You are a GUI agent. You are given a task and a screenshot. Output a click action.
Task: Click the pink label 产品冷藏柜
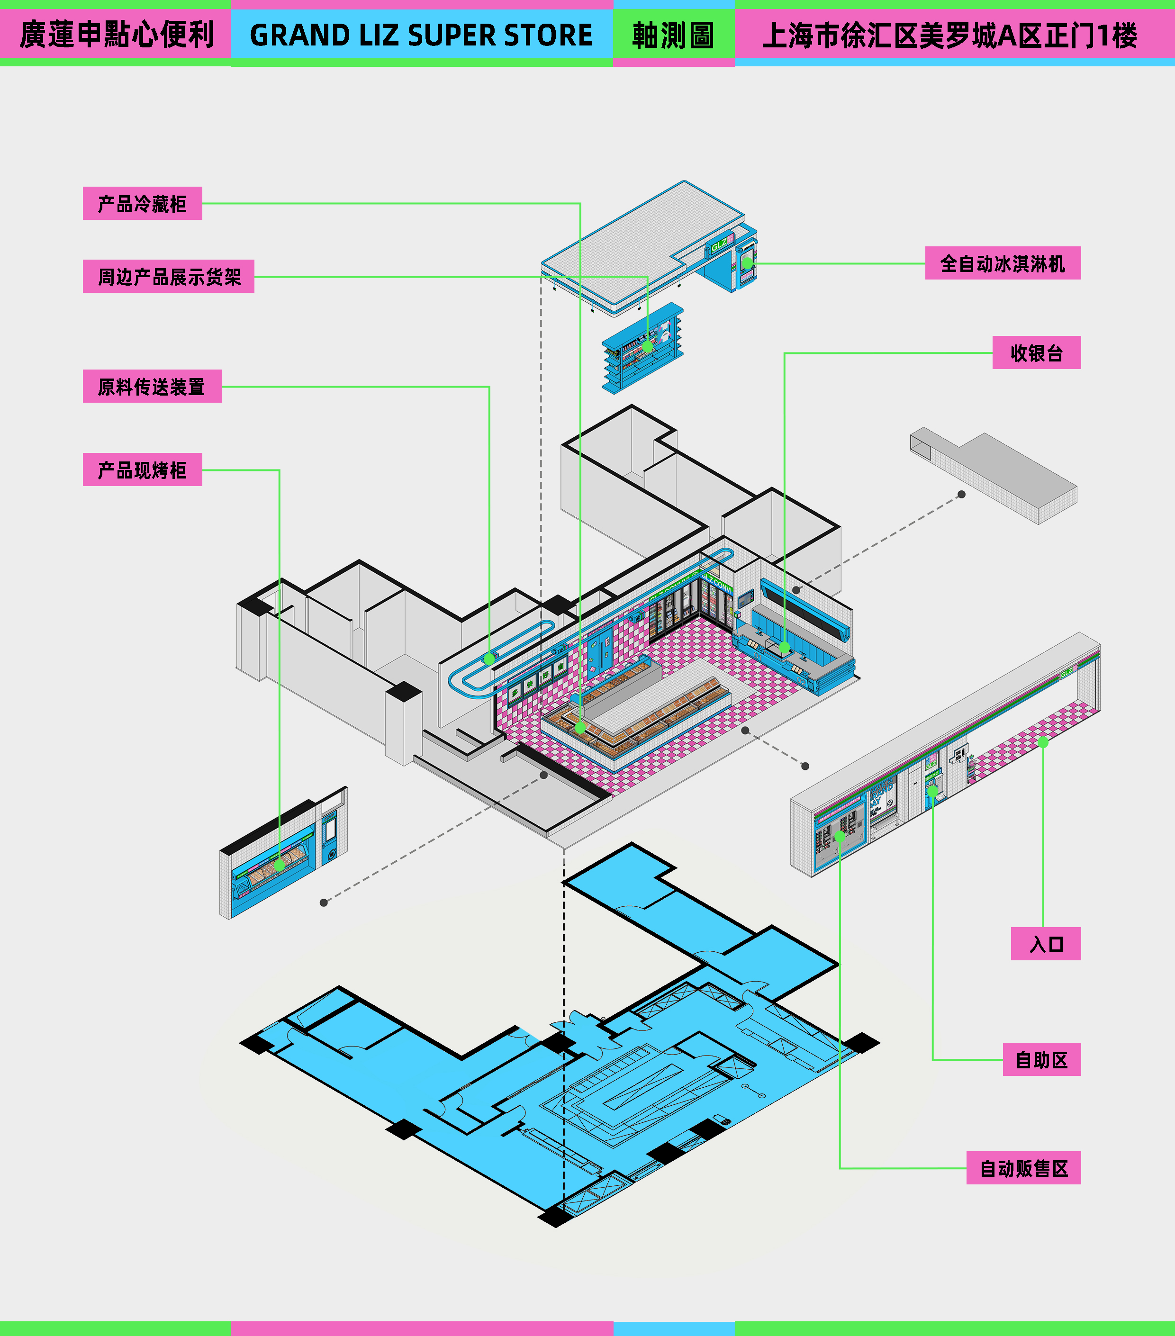[143, 203]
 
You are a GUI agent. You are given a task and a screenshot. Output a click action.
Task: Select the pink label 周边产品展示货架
[169, 277]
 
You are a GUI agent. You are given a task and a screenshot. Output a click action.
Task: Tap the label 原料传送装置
[152, 386]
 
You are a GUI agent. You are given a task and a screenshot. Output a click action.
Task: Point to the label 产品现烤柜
[143, 469]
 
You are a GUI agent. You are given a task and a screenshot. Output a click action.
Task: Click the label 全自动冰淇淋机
[1003, 263]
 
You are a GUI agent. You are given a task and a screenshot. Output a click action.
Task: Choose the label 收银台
[1037, 353]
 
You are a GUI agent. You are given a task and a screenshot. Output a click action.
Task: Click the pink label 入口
[1046, 944]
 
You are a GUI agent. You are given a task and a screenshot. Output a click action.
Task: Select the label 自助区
[1042, 1059]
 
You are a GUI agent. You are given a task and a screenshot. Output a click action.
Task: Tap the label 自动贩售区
[1023, 1168]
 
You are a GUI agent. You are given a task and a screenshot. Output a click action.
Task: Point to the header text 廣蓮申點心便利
[117, 35]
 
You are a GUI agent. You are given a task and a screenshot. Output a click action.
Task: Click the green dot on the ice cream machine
[747, 263]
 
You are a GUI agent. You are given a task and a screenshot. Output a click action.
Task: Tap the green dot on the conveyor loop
[489, 659]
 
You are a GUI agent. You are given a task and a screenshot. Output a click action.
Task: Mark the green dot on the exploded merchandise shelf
[647, 346]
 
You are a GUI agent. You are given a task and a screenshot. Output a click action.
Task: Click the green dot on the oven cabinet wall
[280, 866]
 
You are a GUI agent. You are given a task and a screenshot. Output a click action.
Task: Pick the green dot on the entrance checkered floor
[1043, 742]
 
